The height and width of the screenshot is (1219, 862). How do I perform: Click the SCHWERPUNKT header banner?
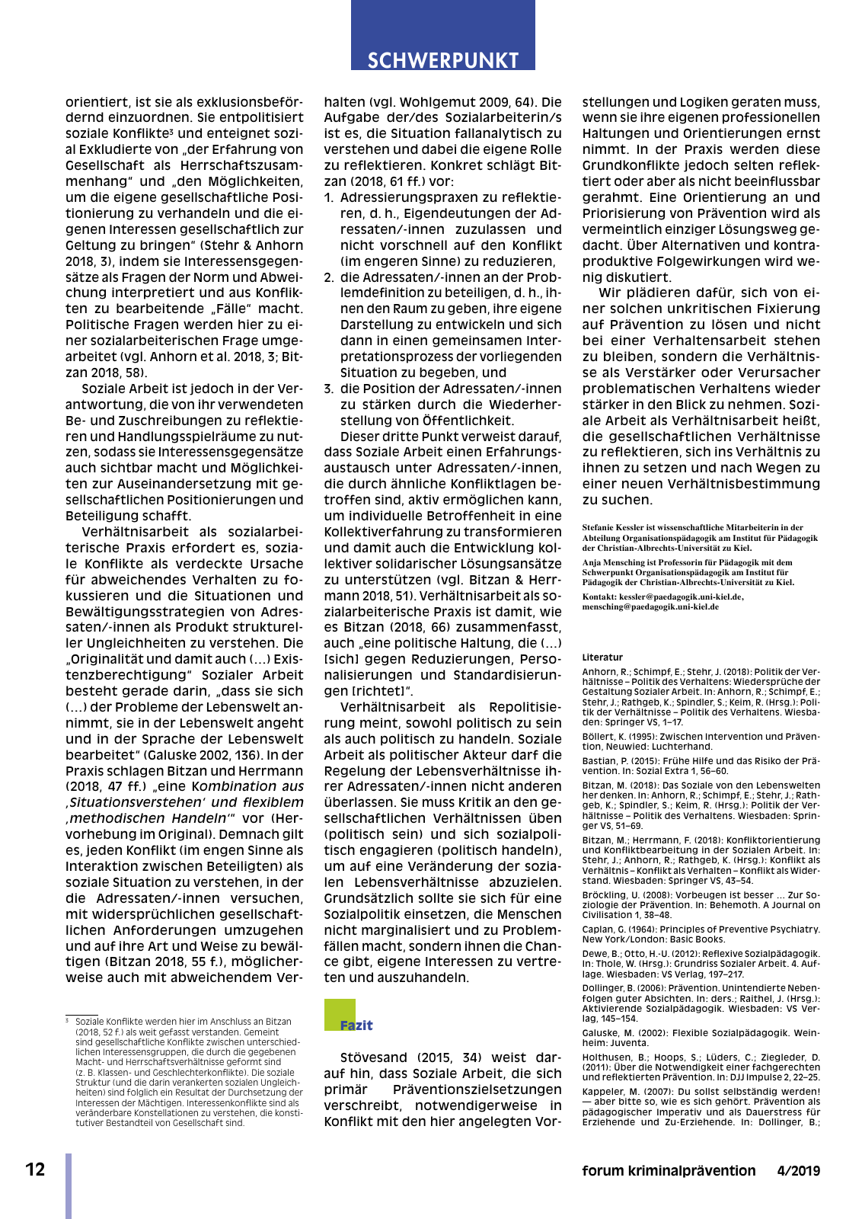(x=442, y=60)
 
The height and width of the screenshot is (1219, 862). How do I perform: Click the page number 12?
(x=35, y=1169)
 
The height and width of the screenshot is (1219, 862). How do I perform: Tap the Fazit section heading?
(x=356, y=1025)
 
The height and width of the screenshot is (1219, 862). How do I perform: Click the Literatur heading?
(x=602, y=657)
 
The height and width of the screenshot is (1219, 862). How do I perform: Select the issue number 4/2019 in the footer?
(x=798, y=1171)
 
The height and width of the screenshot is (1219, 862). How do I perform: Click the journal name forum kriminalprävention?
(x=669, y=1171)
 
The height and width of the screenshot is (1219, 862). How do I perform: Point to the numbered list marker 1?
(x=329, y=197)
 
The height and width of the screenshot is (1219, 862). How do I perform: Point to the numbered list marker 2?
(x=329, y=277)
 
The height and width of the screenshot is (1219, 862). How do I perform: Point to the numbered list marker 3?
(x=329, y=389)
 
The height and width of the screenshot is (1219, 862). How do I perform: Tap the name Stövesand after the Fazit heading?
(x=374, y=1057)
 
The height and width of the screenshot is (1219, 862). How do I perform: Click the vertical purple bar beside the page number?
(x=69, y=1185)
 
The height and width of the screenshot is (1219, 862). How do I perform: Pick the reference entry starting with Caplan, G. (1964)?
(x=701, y=934)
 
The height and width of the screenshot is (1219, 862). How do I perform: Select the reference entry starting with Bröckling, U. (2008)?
(x=701, y=905)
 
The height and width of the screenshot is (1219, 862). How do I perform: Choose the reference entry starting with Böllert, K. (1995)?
(x=701, y=741)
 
